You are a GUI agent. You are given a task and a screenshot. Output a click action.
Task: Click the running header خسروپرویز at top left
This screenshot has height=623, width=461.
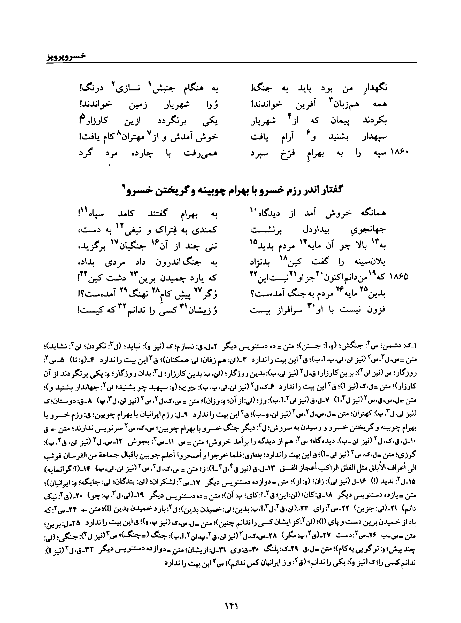(66, 56)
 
